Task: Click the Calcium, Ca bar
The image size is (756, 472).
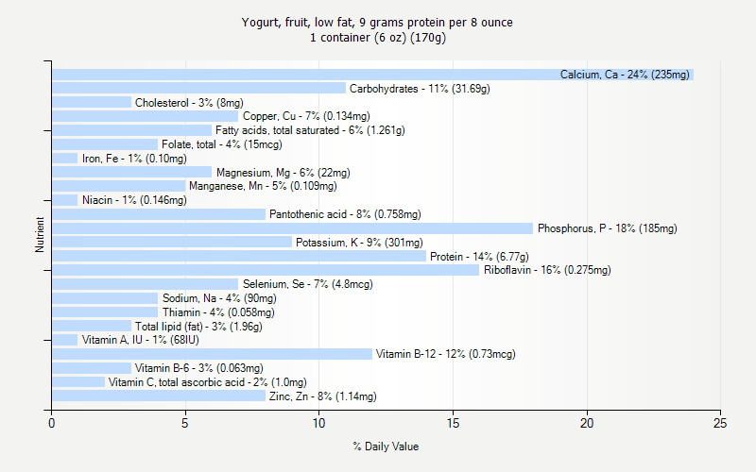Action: tap(372, 75)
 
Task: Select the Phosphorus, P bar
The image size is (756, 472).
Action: tap(292, 228)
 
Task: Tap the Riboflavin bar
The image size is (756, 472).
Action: tap(266, 270)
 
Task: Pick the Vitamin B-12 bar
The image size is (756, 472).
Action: tap(212, 354)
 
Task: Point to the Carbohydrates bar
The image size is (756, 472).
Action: tap(198, 89)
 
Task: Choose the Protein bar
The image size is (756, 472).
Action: tap(239, 256)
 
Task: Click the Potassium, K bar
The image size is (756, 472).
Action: tap(172, 243)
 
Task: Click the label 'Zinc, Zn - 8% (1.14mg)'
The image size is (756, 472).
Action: tap(322, 396)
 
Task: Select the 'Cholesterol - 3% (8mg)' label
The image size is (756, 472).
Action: tap(189, 103)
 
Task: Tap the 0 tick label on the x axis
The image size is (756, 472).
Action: tap(52, 423)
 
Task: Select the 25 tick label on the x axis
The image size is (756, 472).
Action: tap(721, 423)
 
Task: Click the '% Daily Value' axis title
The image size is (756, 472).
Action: tap(386, 447)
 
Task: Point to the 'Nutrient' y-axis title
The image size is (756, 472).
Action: tap(40, 235)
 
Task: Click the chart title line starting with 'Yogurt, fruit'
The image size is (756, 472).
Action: tap(377, 22)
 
